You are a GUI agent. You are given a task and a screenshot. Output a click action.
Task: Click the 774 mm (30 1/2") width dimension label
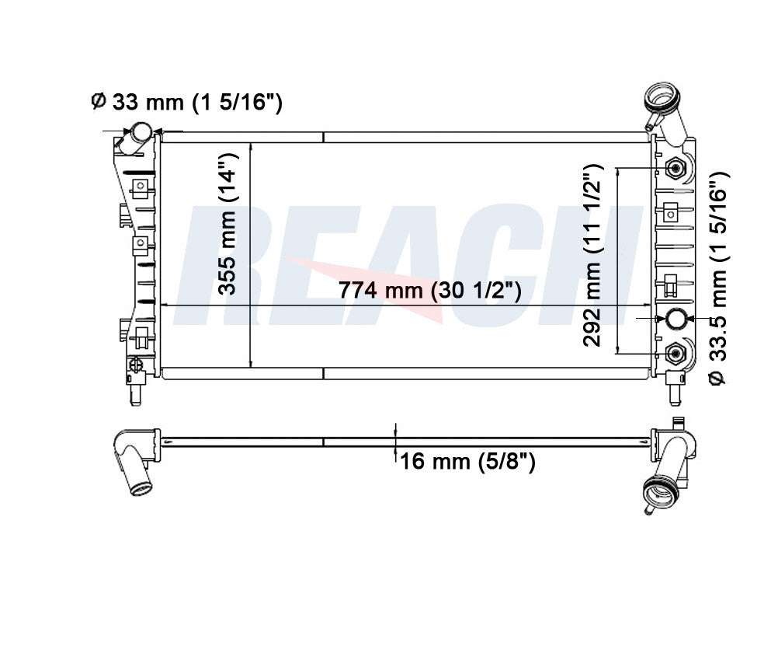pyautogui.click(x=429, y=291)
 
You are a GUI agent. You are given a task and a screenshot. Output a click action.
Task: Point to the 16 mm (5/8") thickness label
pyautogui.click(x=467, y=462)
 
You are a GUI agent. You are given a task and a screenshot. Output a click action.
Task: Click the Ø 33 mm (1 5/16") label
pyautogui.click(x=186, y=101)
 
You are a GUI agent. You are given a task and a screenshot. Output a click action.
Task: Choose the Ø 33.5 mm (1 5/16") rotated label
pyautogui.click(x=718, y=277)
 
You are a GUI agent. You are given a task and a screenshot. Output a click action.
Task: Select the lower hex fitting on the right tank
pyautogui.click(x=675, y=354)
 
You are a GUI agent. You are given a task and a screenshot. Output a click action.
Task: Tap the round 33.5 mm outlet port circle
pyautogui.click(x=675, y=319)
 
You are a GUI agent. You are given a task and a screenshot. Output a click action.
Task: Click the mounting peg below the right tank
pyautogui.click(x=674, y=388)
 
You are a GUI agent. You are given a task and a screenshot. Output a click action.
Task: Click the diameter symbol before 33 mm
pyautogui.click(x=98, y=101)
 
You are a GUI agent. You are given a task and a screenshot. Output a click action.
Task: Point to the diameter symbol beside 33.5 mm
pyautogui.click(x=718, y=378)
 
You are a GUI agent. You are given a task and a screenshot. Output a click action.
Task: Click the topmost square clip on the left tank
pyautogui.click(x=140, y=186)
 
